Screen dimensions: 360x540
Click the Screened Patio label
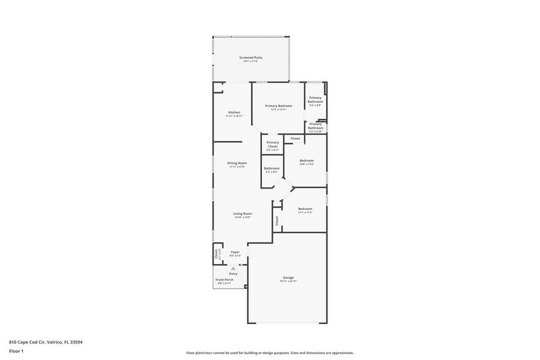(250, 58)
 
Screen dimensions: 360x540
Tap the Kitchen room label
(234, 113)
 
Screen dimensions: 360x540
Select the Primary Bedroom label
(279, 106)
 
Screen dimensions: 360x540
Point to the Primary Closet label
(272, 144)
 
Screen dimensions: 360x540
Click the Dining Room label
(237, 163)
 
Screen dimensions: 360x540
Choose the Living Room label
(242, 214)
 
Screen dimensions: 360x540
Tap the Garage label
(288, 278)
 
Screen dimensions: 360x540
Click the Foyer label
(235, 252)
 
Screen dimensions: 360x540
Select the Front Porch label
(224, 280)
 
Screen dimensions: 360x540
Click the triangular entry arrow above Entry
(233, 268)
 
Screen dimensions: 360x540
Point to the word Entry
(233, 273)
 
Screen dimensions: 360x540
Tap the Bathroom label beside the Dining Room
(272, 168)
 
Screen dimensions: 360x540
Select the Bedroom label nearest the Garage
(305, 209)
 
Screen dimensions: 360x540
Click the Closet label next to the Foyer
(216, 253)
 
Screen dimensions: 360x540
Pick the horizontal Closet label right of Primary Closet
(295, 138)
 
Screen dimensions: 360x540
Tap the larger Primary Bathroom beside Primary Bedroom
(315, 100)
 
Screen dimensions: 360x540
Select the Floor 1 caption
(16, 351)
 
